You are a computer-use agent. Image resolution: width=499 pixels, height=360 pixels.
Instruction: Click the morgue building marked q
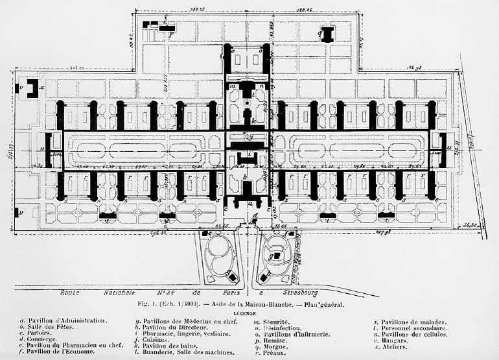tap(327, 34)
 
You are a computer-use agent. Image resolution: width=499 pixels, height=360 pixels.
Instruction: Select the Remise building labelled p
tap(167, 29)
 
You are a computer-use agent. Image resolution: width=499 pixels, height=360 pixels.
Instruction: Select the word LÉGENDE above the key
tap(249, 312)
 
